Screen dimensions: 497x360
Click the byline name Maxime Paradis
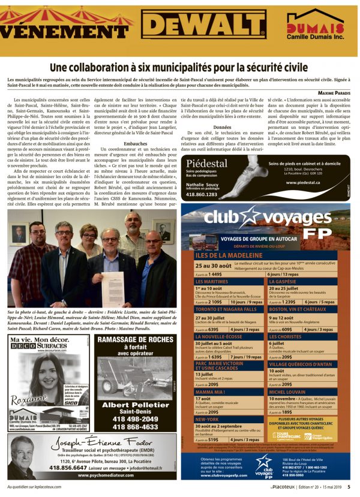tap(334, 91)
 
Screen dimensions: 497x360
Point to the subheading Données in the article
tap(205, 127)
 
